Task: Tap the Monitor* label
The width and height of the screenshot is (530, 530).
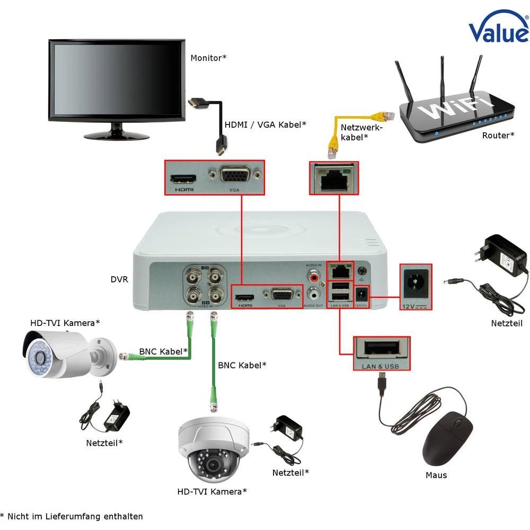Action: point(208,58)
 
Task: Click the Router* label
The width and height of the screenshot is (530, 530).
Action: point(498,136)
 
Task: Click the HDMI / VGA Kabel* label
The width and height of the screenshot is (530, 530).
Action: point(266,125)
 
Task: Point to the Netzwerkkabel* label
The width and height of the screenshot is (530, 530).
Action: point(361,132)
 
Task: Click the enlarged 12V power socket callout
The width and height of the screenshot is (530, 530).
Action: point(416,287)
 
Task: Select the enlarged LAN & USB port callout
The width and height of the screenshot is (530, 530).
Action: point(382,354)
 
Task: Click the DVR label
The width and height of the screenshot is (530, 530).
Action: point(119,279)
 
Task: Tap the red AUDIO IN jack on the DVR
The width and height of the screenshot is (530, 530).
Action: point(314,276)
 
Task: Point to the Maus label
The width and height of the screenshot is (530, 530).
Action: point(436,475)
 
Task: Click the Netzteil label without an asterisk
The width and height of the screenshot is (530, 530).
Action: point(507,323)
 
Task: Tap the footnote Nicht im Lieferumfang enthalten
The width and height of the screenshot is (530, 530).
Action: point(74,516)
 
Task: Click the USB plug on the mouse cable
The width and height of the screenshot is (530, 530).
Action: point(382,383)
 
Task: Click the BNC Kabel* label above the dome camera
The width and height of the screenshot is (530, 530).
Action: point(242,365)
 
